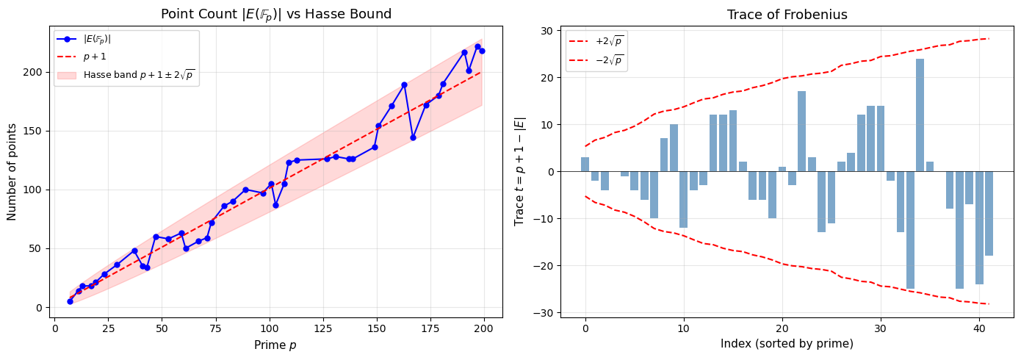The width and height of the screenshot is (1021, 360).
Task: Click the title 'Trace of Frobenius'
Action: click(x=787, y=15)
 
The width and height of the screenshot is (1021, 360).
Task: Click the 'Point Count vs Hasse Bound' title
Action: click(x=278, y=15)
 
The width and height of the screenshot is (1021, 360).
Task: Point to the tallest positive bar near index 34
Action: click(x=920, y=115)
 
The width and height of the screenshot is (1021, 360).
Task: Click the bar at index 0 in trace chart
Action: click(x=585, y=164)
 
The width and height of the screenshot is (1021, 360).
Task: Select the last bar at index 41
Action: click(x=989, y=213)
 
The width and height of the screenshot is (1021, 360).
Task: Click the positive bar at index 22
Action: click(x=801, y=132)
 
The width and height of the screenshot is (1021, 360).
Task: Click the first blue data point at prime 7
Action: click(x=70, y=301)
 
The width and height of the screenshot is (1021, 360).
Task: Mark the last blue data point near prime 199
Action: click(x=482, y=51)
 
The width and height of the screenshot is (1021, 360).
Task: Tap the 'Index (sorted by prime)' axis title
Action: click(x=787, y=345)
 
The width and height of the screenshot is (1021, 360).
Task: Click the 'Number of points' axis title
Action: click(x=12, y=171)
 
